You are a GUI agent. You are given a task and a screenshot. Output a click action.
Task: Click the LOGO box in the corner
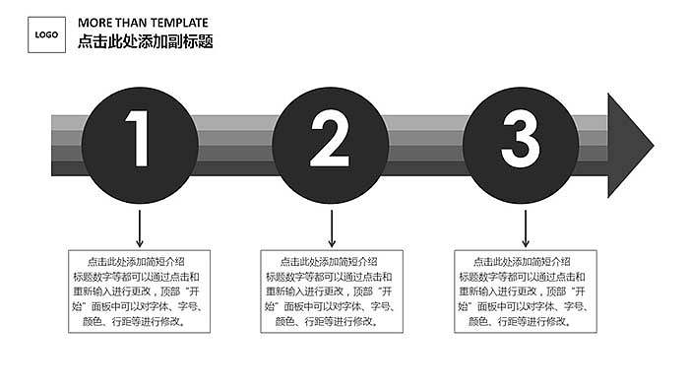(46, 35)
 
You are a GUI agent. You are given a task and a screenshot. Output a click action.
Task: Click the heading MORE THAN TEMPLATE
(143, 23)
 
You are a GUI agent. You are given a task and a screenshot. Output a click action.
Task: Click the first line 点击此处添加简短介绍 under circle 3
(522, 262)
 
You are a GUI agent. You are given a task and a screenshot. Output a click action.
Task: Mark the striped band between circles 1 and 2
(234, 145)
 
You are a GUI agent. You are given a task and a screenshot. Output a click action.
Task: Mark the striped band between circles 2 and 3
(425, 145)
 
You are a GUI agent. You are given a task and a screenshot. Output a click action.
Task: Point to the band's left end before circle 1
(65, 145)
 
